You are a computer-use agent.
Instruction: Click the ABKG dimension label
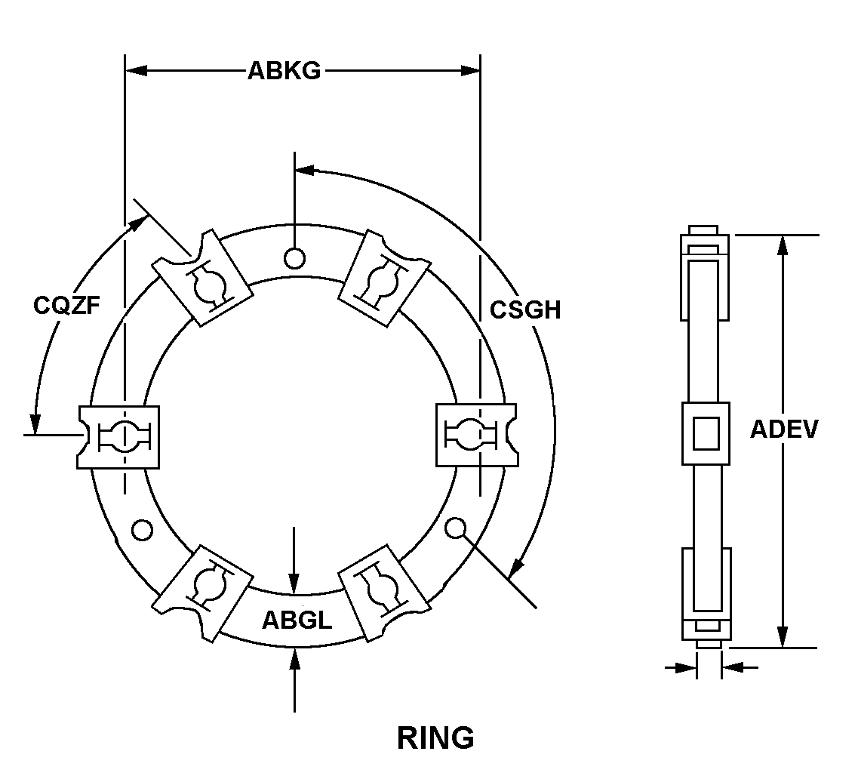pos(284,71)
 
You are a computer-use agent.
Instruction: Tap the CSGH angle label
pos(525,309)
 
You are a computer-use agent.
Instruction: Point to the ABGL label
pos(297,620)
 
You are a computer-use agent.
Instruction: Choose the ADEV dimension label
pos(784,429)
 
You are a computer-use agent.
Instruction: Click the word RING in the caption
pos(435,737)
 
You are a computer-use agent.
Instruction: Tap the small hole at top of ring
pos(294,258)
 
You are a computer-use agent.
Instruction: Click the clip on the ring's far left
pos(119,436)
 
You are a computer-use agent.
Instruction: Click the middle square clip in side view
pos(706,433)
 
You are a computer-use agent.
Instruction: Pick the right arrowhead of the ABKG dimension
pos(471,71)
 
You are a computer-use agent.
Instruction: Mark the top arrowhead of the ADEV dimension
pos(783,245)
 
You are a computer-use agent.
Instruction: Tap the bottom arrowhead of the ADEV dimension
pos(783,638)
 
